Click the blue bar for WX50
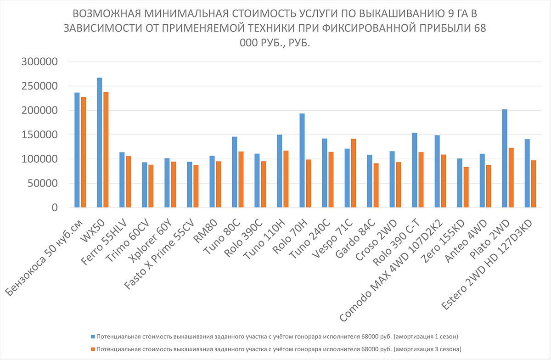point(99,142)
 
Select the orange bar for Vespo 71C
point(353,173)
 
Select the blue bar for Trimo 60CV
point(144,185)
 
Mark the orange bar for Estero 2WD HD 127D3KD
point(533,184)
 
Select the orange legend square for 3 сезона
point(92,349)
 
